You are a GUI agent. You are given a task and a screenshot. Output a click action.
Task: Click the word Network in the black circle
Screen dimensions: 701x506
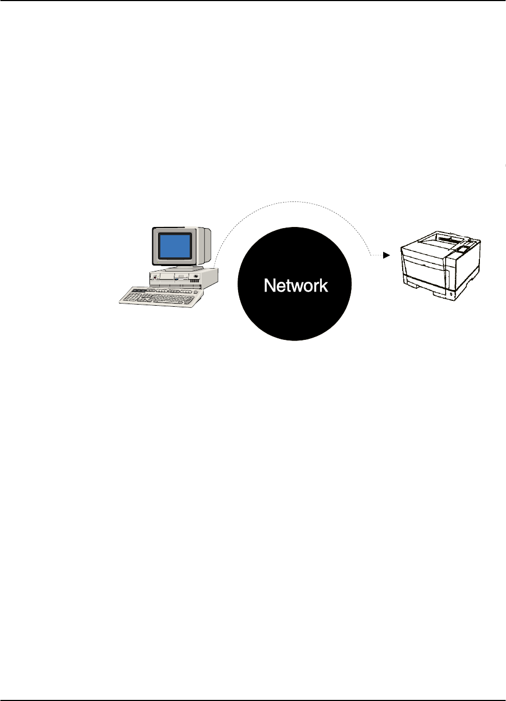296,285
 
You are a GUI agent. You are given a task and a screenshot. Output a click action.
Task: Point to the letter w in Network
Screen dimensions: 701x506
293,286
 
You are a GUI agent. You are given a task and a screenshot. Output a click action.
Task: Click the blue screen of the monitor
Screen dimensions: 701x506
174,246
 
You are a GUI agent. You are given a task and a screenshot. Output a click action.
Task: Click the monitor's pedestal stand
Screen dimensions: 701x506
179,267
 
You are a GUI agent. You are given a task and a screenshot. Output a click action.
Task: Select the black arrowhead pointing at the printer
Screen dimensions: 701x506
386,255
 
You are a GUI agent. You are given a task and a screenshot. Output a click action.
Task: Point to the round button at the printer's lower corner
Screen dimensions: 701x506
453,294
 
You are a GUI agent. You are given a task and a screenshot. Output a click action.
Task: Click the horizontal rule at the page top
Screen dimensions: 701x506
253,1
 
